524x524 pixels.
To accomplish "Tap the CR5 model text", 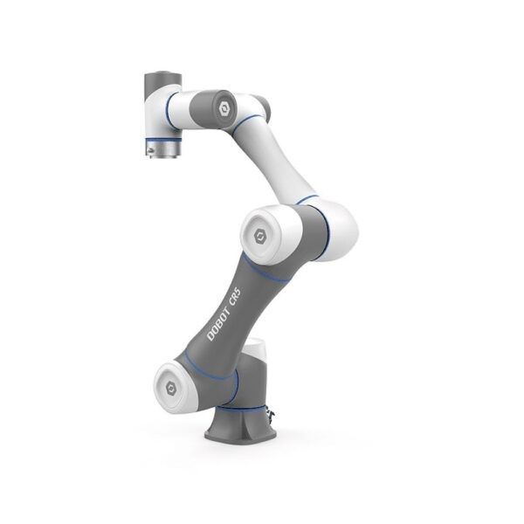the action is (235, 296).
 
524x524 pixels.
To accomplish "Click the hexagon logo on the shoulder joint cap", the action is (171, 389).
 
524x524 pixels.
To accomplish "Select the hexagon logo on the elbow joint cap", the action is (259, 237).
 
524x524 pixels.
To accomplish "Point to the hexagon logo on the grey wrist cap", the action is (224, 109).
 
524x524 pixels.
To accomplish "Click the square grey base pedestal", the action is (241, 424).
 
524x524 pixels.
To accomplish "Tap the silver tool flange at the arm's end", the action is (164, 148).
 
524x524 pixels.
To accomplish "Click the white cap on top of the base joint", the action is (255, 348).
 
